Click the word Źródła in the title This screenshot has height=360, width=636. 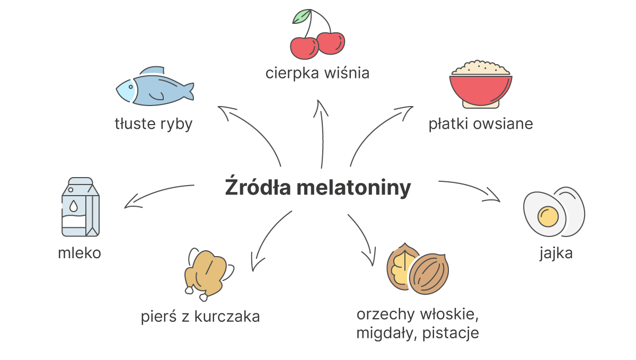258,187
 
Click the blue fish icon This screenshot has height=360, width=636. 155,86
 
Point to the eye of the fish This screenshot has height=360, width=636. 130,86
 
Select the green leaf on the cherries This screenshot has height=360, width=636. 301,16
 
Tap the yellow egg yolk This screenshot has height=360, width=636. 547,216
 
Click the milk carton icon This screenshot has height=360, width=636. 81,207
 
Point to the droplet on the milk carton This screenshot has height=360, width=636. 74,206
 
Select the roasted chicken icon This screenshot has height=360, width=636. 209,274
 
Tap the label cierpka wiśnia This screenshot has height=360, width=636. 317,73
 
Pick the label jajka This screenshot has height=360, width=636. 556,253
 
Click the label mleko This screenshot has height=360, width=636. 79,253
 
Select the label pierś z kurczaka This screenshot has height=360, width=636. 200,317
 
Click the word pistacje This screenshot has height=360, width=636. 450,333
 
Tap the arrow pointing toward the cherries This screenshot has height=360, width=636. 322,134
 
